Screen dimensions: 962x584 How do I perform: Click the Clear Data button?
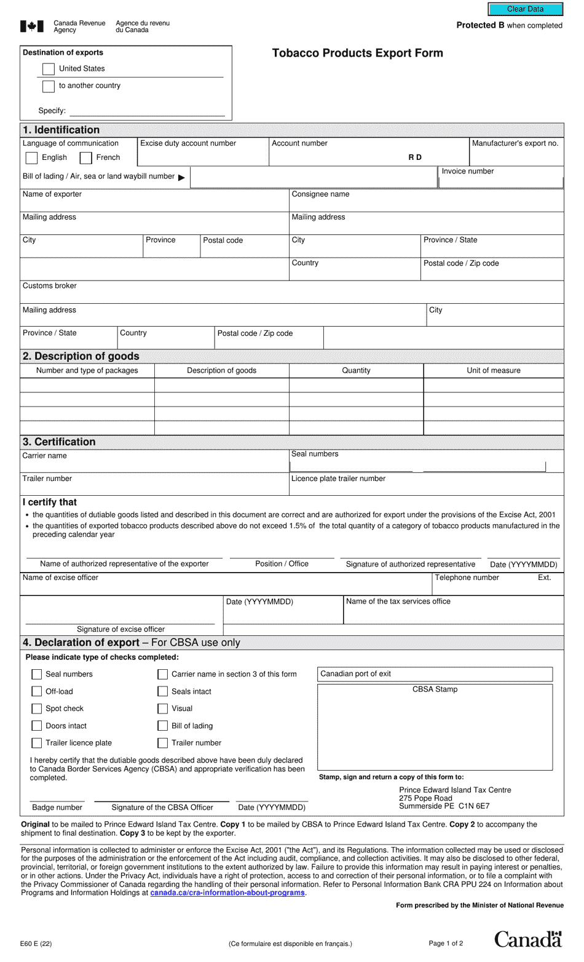coord(525,9)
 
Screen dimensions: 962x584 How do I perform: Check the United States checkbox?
coord(49,69)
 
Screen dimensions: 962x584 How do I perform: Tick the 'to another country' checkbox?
coord(49,86)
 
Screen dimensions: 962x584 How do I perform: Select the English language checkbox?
coord(32,158)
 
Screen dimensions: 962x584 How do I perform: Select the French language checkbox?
coord(86,158)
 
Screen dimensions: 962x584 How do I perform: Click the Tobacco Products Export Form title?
coord(357,53)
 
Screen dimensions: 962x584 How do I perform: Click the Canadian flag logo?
coord(32,26)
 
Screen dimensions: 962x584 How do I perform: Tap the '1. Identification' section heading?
coord(61,130)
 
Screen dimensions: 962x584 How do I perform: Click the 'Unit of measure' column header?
coord(493,371)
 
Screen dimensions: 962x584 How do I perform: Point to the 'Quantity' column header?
coord(356,371)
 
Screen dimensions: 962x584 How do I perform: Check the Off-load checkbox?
coord(37,691)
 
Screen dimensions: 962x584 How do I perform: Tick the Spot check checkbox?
coord(37,709)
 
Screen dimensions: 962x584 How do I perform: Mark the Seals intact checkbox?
coord(163,691)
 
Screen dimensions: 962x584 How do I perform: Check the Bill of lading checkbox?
coord(163,726)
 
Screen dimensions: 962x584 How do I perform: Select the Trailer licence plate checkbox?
coord(37,743)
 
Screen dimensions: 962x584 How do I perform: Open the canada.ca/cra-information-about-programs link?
coord(227,892)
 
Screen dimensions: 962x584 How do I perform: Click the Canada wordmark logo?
coord(528,939)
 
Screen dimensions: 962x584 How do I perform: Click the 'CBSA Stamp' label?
coord(435,690)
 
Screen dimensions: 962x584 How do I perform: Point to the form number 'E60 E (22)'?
coord(36,944)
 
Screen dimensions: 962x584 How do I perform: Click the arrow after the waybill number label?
coord(181,178)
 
